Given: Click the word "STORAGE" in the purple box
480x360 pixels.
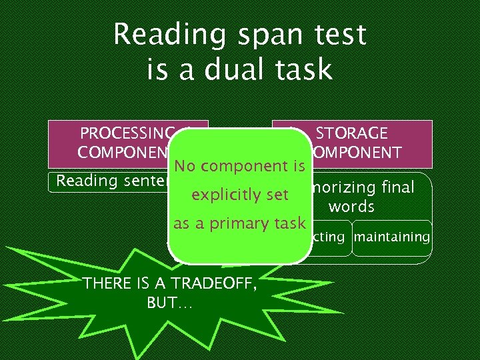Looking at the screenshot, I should pos(351,133).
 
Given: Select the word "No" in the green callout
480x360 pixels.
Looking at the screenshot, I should pos(184,166).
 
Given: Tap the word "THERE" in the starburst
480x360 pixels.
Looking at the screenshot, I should pos(106,283).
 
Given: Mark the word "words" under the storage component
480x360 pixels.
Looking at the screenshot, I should pos(351,207).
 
